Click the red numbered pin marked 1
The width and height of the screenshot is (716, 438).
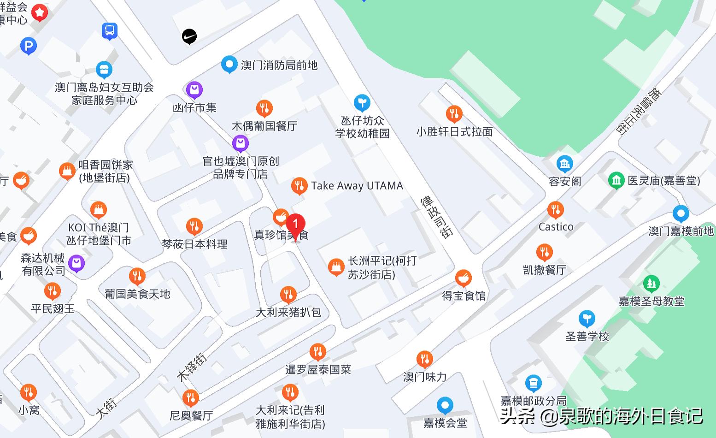pos(295,225)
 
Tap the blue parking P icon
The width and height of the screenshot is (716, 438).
pos(29,46)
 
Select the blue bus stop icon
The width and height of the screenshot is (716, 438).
pos(110,31)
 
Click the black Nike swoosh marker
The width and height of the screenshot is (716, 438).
pos(189,36)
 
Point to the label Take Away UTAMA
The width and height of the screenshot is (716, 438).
pos(357,186)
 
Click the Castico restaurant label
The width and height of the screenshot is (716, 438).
pos(556,227)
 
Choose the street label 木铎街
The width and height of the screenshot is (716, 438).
pos(192,367)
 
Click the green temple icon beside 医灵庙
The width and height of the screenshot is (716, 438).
pos(616,180)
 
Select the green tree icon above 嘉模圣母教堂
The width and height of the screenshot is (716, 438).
pos(651,283)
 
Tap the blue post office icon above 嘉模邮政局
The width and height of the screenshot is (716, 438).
pos(533,383)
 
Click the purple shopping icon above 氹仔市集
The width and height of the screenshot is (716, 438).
pos(194,89)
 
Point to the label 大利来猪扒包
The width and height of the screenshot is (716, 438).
pos(288,312)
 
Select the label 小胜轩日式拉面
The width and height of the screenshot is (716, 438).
pos(454,132)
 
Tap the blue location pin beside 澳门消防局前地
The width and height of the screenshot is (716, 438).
pos(229,65)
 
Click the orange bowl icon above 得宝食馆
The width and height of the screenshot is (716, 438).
pos(464,278)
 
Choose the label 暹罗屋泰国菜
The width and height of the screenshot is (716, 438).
pos(318,369)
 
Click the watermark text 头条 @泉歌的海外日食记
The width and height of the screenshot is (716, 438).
pos(601,416)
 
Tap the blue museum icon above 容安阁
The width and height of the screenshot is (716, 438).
pos(564,164)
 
